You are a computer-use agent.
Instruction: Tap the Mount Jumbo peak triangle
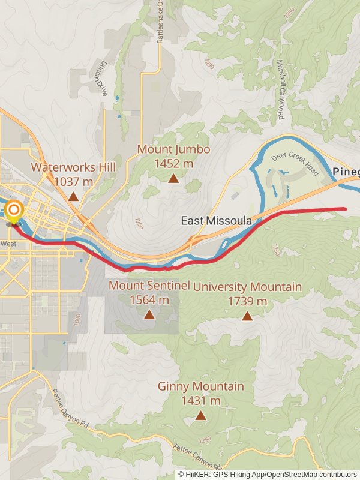click(173, 178)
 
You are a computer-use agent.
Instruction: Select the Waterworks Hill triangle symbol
click(73, 196)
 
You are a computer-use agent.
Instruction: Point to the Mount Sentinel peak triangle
click(149, 314)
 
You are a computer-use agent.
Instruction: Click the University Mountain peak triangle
click(247, 316)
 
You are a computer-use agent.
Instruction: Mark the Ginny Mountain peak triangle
click(200, 415)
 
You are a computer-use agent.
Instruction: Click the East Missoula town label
click(217, 221)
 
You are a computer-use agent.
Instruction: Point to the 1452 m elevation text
click(173, 163)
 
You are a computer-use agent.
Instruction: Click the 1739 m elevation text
click(247, 301)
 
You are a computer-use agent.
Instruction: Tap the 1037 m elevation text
click(73, 181)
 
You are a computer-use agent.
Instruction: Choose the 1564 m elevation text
click(149, 299)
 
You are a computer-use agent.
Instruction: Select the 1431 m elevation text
click(200, 401)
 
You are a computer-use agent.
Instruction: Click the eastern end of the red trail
click(346, 209)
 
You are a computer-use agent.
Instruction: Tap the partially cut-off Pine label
click(346, 172)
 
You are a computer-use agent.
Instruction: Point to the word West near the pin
click(8, 244)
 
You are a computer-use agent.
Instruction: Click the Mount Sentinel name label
click(149, 285)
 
